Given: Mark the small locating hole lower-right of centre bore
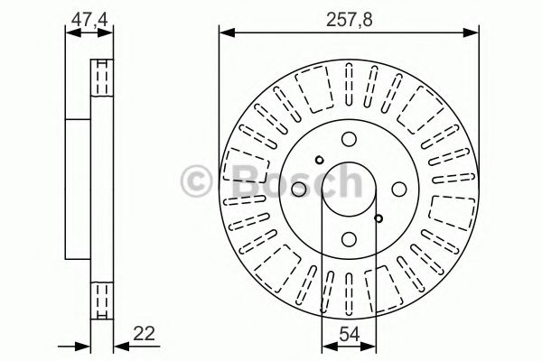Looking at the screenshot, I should point(378,217).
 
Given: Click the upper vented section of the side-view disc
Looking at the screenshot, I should point(102,81).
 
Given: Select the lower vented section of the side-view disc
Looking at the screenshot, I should point(102,294).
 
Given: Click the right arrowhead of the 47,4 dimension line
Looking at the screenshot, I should point(111,34).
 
